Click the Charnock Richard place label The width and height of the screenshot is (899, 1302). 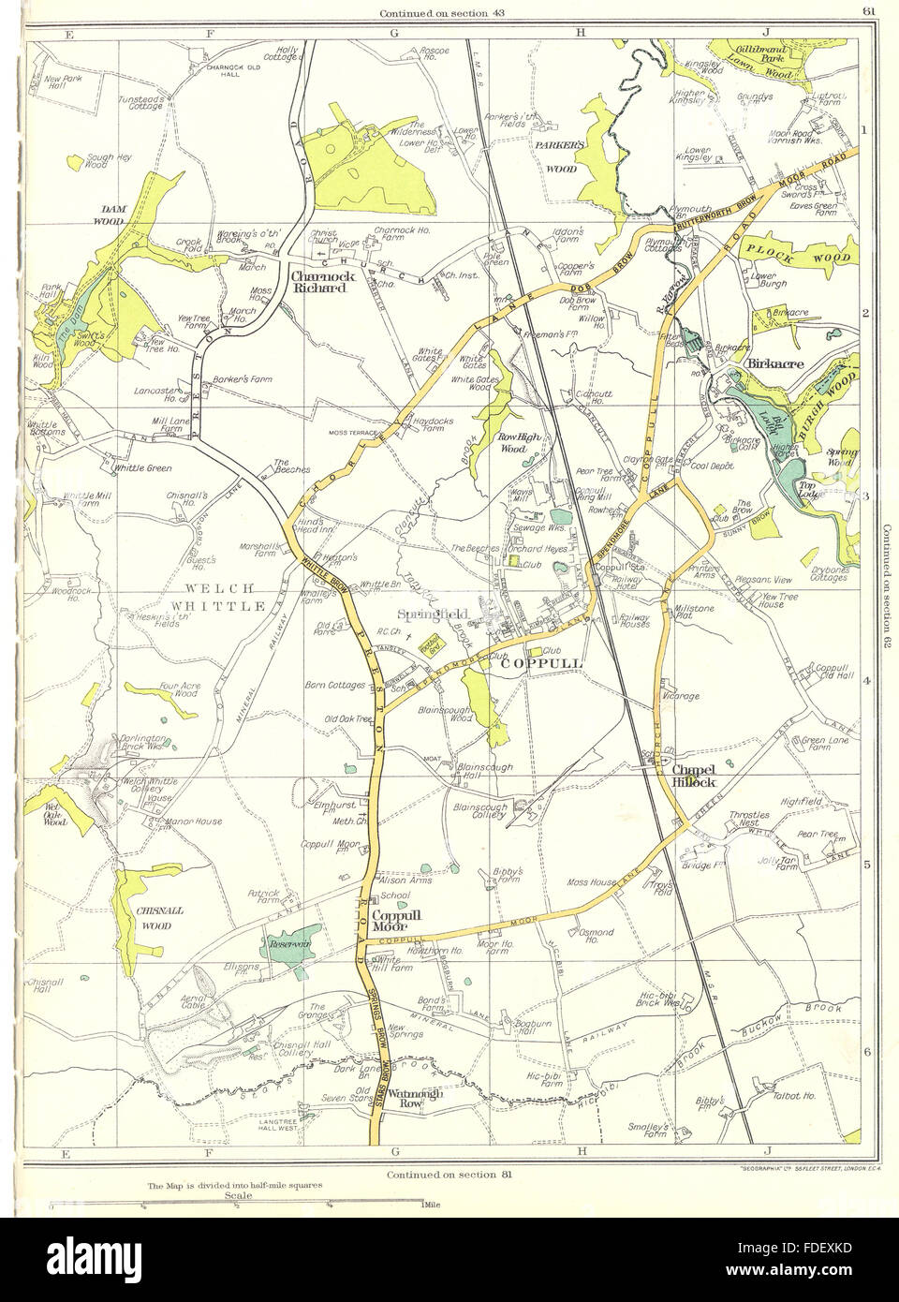[x=319, y=282]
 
